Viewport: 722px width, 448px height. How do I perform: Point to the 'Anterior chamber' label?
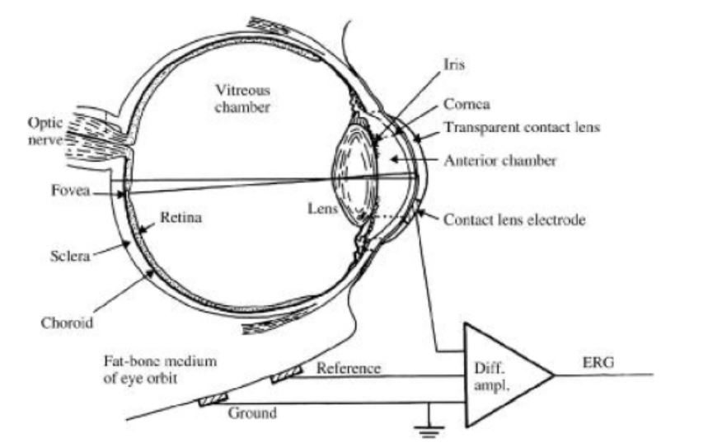coord(500,161)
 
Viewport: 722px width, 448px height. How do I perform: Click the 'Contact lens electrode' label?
coord(514,220)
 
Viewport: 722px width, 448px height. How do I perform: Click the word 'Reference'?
coord(349,368)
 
